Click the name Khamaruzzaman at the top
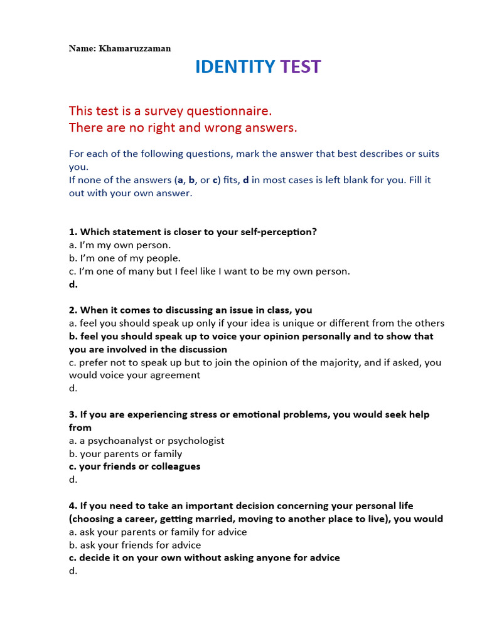click(x=135, y=48)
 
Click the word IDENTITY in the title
click(x=235, y=67)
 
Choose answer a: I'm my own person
click(x=120, y=245)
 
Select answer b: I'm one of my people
click(x=125, y=258)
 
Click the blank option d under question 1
click(x=73, y=285)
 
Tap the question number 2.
click(x=73, y=310)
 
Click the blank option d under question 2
click(x=73, y=389)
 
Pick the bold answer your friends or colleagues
click(x=139, y=466)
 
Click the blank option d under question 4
click(x=73, y=571)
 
